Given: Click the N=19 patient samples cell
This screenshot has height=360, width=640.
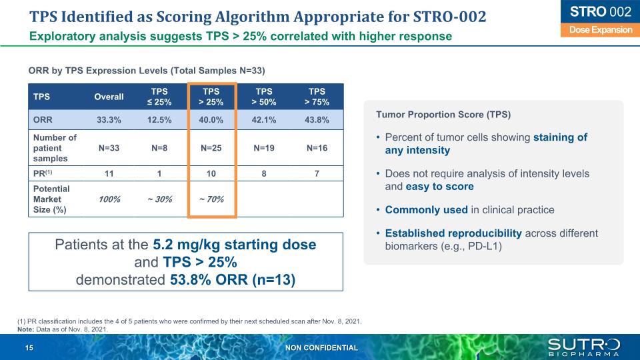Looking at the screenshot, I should click(264, 147).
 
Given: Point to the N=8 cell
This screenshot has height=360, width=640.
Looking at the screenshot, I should click(160, 147).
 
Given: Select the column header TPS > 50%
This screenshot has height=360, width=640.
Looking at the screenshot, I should click(264, 97).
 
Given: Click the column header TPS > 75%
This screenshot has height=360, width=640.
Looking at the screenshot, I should click(317, 97).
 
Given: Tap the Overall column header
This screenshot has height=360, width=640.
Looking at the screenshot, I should click(109, 97).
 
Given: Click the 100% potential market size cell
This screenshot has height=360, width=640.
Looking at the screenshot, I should click(109, 199).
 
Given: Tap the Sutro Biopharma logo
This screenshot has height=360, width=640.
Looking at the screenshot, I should click(583, 347).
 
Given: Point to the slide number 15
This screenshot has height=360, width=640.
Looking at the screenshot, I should click(29, 348).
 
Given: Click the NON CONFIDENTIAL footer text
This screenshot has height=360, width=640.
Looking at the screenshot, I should click(321, 348).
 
